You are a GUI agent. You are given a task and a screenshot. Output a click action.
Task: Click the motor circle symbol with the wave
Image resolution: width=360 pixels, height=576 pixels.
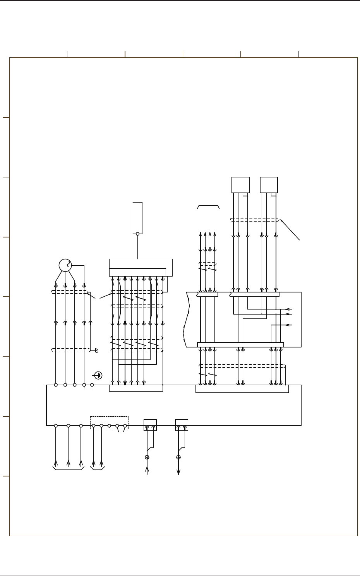[x=65, y=265]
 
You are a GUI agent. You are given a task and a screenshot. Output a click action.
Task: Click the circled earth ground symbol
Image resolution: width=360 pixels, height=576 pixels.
[x=99, y=375]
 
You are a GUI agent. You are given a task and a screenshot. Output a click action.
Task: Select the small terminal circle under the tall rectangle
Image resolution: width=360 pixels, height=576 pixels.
[x=137, y=234]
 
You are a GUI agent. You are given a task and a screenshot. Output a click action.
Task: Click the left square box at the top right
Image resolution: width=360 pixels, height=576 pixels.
[x=240, y=185]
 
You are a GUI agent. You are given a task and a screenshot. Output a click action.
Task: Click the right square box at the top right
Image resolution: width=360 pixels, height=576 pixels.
[x=269, y=185]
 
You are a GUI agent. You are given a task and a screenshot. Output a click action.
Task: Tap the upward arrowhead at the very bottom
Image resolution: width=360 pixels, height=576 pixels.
[x=147, y=470]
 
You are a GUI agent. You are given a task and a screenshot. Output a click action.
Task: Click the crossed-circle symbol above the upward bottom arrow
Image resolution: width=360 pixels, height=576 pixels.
[x=147, y=457]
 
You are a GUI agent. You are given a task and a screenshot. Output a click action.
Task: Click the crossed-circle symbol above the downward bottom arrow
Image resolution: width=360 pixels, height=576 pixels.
[x=178, y=457]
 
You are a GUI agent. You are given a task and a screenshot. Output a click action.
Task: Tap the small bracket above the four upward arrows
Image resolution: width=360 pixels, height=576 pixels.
[x=208, y=206]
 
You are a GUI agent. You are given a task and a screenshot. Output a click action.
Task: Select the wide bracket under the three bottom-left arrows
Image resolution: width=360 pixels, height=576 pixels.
[x=69, y=470]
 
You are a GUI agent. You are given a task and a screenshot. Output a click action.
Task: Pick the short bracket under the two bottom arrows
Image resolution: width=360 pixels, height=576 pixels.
[x=98, y=470]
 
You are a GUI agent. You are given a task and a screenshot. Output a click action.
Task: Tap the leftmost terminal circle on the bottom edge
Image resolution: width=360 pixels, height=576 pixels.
[x=56, y=426]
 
